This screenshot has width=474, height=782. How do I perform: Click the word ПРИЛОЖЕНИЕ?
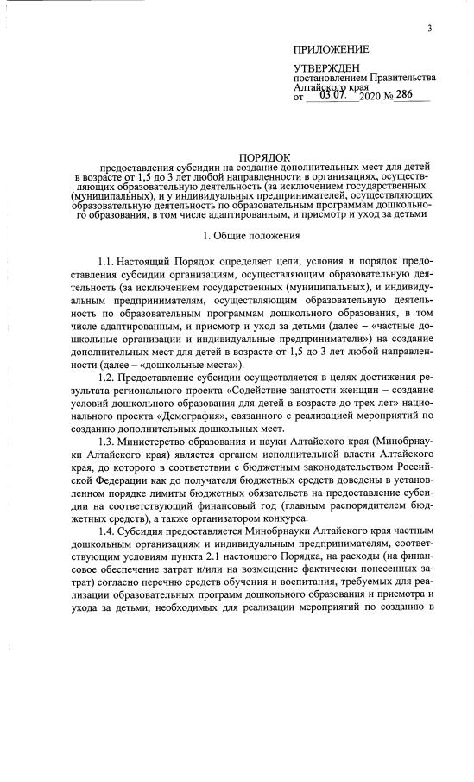point(331,49)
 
